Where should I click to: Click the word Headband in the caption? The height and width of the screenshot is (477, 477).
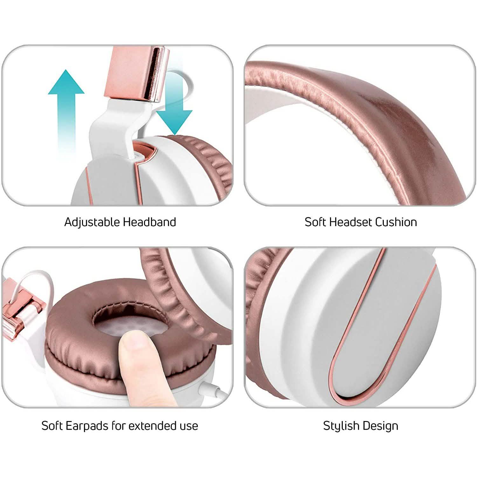pyautogui.click(x=149, y=222)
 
